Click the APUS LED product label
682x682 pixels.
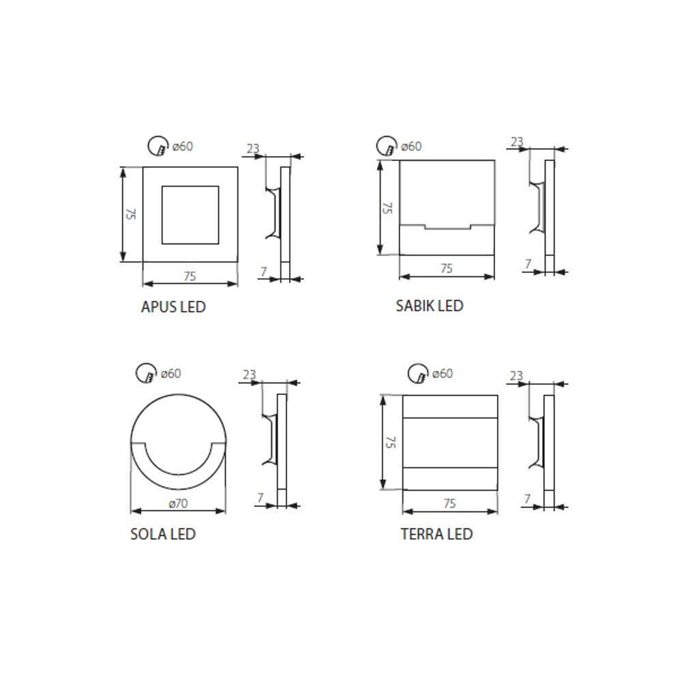click(173, 307)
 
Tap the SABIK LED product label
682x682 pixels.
click(429, 306)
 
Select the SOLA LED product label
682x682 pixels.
click(163, 534)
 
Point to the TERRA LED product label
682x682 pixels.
click(436, 534)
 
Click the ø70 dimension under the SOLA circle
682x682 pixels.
click(178, 503)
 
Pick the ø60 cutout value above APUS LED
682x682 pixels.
click(183, 146)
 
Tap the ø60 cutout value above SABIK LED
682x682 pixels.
click(411, 146)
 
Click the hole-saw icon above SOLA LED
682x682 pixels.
click(146, 373)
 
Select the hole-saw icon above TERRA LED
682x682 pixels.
click(418, 373)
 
